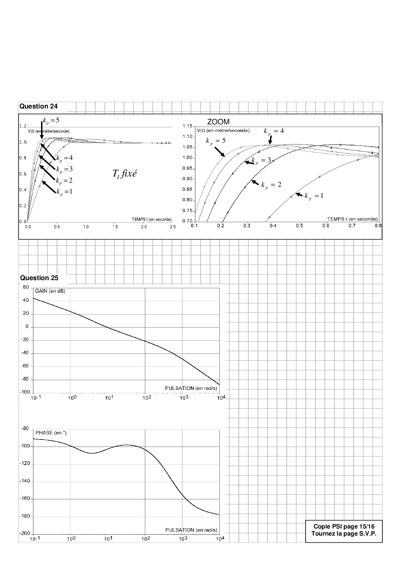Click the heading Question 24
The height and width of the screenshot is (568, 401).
(39, 106)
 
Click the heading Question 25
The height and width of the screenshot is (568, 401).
(39, 278)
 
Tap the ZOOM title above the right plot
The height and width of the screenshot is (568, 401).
(218, 122)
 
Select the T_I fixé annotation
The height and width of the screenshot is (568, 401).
(125, 174)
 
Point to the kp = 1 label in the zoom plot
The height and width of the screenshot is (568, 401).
(314, 196)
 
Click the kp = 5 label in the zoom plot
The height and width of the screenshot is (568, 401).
(216, 141)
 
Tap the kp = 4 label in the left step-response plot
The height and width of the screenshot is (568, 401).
(64, 158)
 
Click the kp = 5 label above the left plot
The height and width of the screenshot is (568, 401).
(51, 120)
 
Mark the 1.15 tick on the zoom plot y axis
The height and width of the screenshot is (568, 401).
(187, 126)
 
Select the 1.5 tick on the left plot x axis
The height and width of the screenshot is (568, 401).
(115, 227)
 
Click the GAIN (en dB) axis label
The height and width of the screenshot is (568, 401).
(50, 291)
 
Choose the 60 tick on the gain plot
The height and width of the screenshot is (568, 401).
(26, 287)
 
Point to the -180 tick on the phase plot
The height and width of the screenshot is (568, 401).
(25, 516)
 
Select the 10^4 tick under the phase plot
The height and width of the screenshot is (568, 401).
(220, 539)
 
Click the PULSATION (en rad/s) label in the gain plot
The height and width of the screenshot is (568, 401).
(191, 388)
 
